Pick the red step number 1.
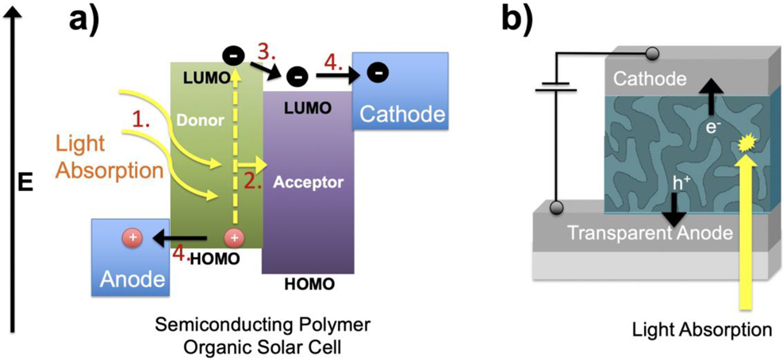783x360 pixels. coord(141,120)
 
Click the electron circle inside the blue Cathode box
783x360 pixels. coord(379,74)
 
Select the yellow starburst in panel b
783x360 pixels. coord(745,144)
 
